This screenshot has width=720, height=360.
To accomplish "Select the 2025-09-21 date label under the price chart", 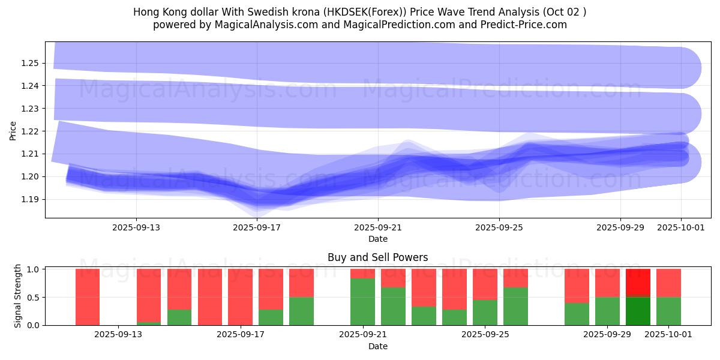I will [378, 228].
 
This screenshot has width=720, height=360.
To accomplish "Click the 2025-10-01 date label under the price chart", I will [681, 228].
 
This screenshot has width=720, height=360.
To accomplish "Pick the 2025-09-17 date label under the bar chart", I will [241, 335].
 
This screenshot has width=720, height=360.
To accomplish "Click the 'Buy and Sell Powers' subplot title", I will [378, 257].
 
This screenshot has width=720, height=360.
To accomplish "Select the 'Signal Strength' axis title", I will [18, 296].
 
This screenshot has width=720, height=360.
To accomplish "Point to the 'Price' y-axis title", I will [13, 131].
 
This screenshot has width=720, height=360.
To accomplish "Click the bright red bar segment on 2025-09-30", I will [638, 283].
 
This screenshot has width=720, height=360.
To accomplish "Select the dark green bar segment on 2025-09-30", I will [638, 311].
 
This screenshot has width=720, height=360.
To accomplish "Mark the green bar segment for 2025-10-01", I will [668, 311].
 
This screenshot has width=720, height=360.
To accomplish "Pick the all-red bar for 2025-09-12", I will [88, 297].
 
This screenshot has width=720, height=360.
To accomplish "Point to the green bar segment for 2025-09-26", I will [515, 306].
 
